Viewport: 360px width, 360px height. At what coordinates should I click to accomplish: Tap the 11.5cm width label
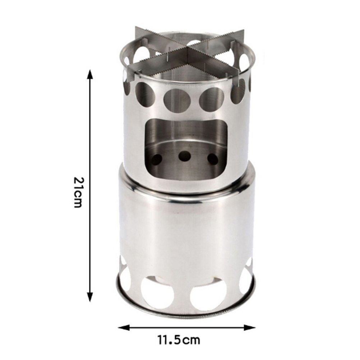pyautogui.click(x=179, y=340)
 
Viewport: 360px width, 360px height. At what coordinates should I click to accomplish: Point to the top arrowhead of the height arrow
pyautogui.click(x=90, y=74)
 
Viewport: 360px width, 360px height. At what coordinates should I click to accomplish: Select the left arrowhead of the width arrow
pyautogui.click(x=123, y=327)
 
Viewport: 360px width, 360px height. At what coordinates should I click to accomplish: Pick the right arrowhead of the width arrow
pyautogui.click(x=250, y=327)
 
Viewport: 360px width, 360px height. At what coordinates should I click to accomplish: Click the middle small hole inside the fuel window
pyautogui.click(x=185, y=156)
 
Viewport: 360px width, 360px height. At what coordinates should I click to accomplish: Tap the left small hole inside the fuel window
pyautogui.click(x=157, y=159)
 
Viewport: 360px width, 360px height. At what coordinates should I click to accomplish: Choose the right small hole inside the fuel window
pyautogui.click(x=213, y=159)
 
